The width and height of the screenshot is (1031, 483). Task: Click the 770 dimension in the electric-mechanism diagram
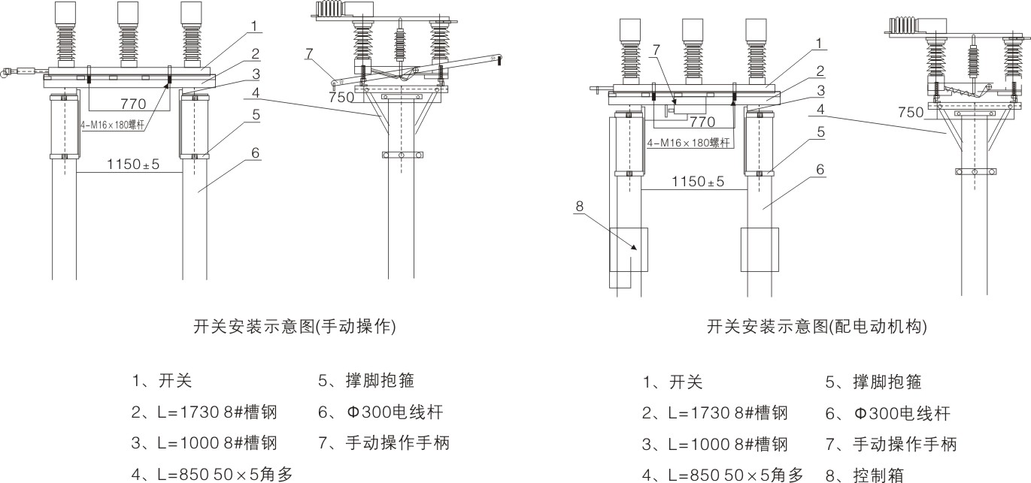702,120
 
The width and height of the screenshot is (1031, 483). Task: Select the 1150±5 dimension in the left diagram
133,164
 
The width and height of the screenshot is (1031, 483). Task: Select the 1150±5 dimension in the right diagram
697,182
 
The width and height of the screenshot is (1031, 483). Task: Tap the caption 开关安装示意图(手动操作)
295,327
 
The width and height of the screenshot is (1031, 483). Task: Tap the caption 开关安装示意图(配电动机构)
817,327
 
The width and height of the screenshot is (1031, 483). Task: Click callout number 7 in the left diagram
309,53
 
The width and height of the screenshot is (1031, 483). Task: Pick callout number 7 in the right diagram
657,50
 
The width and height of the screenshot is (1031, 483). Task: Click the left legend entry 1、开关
161,381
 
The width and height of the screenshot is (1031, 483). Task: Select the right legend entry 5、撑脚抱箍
874,382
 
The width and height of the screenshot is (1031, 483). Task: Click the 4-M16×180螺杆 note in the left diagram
113,126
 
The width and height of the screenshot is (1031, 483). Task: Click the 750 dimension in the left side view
342,97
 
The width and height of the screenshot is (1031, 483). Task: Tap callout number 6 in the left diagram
256,152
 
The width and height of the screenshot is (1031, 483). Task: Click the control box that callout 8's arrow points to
628,249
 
